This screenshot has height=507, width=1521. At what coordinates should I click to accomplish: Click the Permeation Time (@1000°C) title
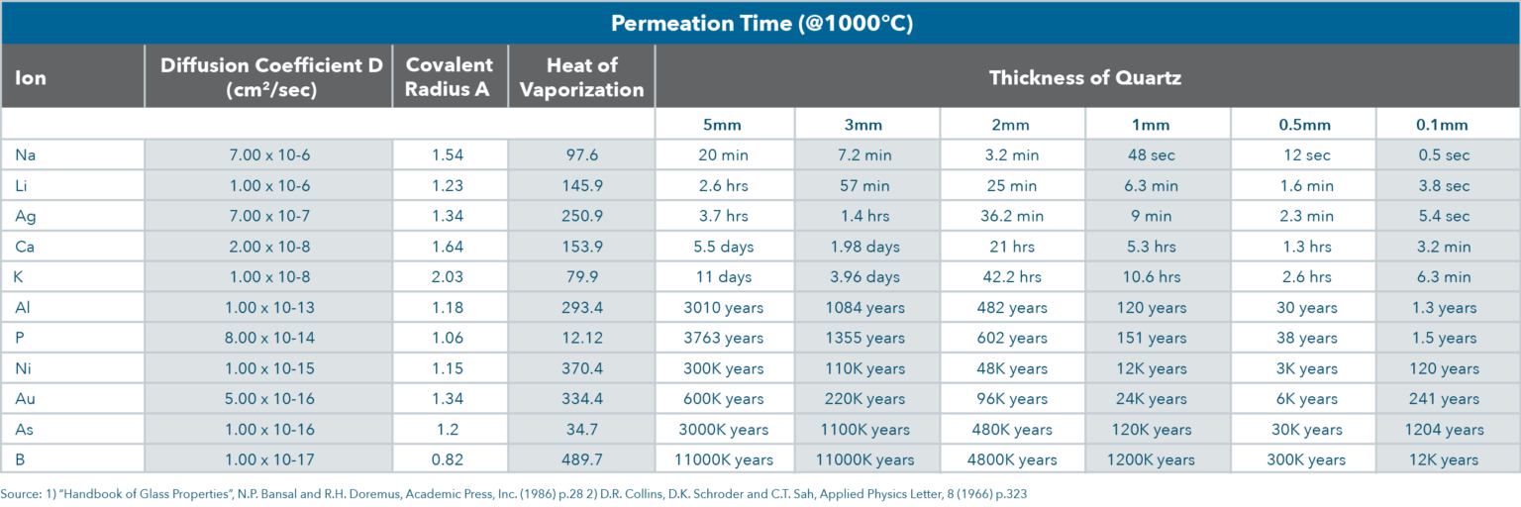[x=760, y=23]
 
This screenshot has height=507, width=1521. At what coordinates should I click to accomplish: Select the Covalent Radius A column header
[x=450, y=76]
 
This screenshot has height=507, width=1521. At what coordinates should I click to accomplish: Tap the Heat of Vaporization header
[x=581, y=76]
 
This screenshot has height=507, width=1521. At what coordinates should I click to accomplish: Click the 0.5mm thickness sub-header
[x=1302, y=125]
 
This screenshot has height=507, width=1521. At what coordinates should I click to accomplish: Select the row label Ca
[x=26, y=247]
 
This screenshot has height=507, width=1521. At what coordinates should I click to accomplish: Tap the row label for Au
[x=26, y=399]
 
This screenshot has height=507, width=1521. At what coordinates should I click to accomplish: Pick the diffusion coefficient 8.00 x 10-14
[x=268, y=338]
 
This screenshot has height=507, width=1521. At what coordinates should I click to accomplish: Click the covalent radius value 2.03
[x=450, y=277]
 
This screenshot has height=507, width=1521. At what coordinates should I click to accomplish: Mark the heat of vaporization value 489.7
[x=581, y=459]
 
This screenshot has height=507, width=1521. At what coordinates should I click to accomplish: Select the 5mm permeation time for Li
[x=724, y=186]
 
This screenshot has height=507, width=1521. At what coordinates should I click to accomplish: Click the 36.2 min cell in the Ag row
[x=1012, y=216]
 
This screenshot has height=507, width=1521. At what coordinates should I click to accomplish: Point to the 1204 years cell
[x=1447, y=430]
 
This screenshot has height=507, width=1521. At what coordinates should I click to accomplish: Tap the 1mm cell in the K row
[x=1157, y=277]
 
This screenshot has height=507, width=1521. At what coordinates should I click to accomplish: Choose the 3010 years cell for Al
[x=724, y=308]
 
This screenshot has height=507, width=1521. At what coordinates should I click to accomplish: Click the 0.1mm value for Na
[x=1447, y=155]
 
